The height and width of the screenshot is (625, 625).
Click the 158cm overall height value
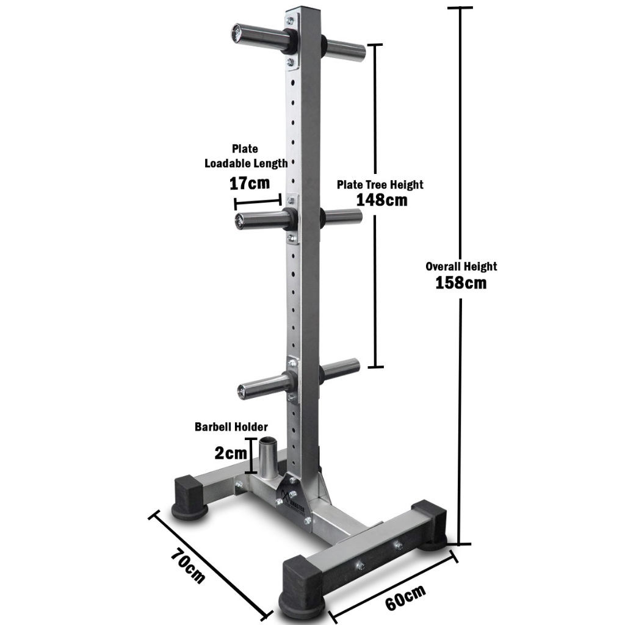click(x=461, y=283)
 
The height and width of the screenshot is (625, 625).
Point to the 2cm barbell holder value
click(x=231, y=453)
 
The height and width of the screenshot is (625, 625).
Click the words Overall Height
click(x=461, y=266)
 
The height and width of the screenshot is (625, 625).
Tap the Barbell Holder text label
click(x=231, y=427)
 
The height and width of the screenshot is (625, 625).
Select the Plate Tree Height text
click(x=380, y=184)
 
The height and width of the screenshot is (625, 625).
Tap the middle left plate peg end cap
click(x=240, y=220)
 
